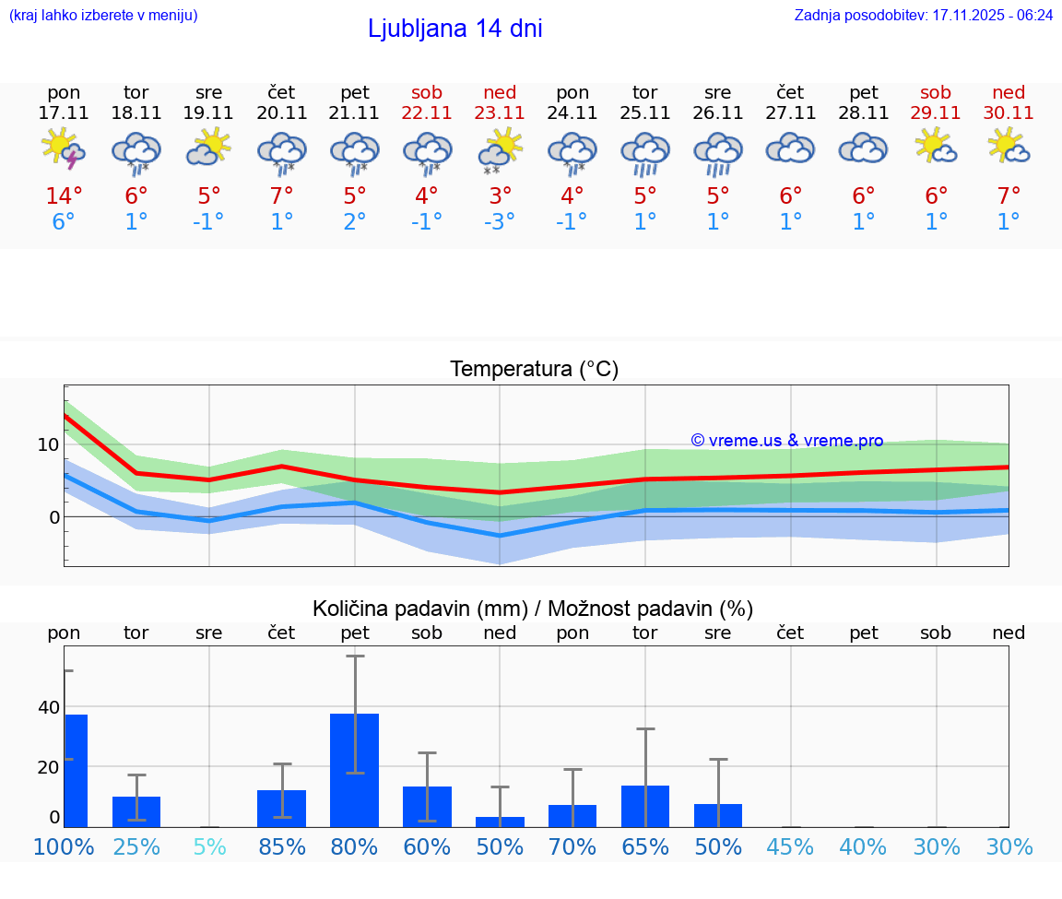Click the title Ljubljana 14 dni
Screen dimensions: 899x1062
(x=454, y=29)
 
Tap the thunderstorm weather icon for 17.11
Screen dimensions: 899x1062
(x=64, y=149)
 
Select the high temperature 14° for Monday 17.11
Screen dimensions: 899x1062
(x=64, y=196)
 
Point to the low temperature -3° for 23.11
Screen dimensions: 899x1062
(x=500, y=222)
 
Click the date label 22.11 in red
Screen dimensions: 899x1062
(x=427, y=113)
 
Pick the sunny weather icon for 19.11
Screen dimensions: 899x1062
(x=208, y=148)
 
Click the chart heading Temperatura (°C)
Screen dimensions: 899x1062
(x=534, y=370)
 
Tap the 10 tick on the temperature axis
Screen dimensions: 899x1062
(x=48, y=444)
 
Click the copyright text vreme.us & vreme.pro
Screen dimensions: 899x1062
(x=787, y=441)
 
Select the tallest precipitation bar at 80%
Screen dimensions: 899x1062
(x=355, y=770)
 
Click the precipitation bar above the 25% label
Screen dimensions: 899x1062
(x=136, y=811)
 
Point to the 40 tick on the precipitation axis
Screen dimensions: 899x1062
(x=48, y=708)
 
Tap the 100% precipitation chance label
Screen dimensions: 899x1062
(x=64, y=846)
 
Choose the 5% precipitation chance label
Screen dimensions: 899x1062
(x=209, y=846)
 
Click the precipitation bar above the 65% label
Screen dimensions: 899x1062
(x=645, y=806)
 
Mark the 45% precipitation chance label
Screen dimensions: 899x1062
(x=790, y=846)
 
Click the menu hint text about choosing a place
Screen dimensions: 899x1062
(x=103, y=16)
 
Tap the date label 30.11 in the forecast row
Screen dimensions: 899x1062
(x=1009, y=113)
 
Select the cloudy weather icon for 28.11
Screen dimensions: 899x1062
(x=863, y=148)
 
